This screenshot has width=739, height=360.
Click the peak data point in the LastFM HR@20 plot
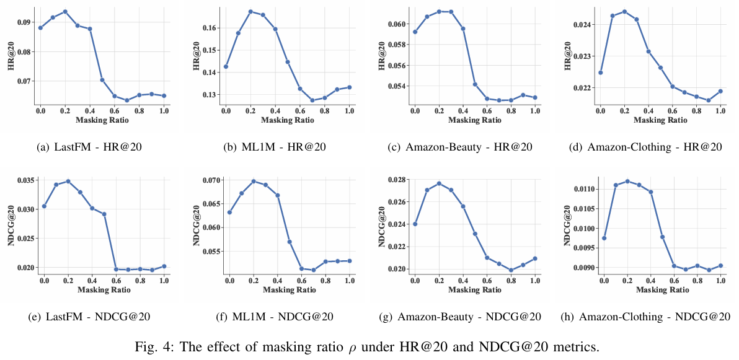pyautogui.click(x=65, y=12)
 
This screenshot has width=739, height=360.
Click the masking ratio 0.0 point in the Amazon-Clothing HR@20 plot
pyautogui.click(x=600, y=72)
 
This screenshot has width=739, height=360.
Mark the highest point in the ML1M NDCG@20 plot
pyautogui.click(x=253, y=181)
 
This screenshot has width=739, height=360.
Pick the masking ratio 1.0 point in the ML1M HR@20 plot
pyautogui.click(x=349, y=87)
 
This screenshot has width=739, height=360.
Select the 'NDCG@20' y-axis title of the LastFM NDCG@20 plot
pyautogui.click(x=11, y=226)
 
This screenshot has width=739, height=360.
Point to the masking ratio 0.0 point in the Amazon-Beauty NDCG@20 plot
pyautogui.click(x=415, y=224)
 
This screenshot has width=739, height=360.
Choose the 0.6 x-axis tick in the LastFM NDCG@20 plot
pyautogui.click(x=116, y=281)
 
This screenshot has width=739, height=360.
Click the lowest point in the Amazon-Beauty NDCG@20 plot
pyautogui.click(x=511, y=270)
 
